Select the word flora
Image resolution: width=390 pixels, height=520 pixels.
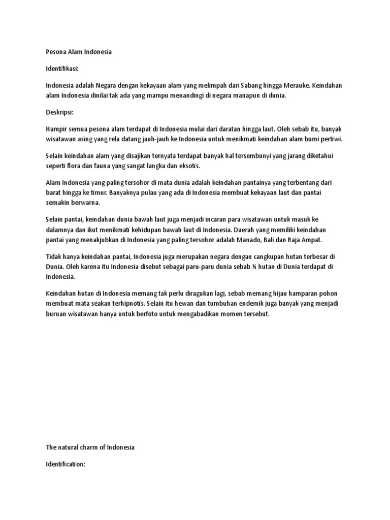(71, 166)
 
